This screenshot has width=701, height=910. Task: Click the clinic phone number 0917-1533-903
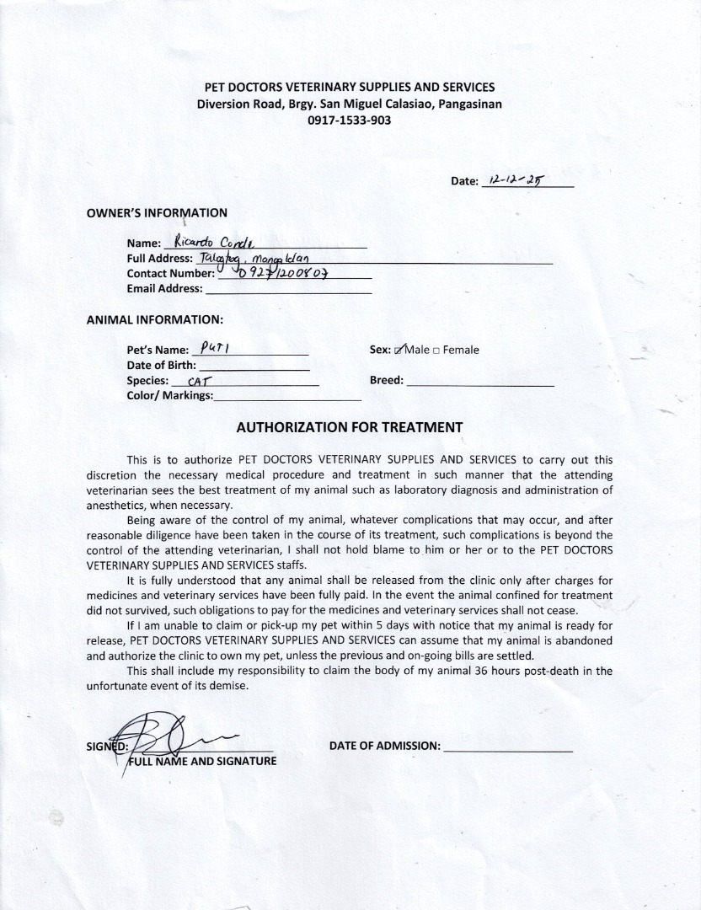[x=350, y=120]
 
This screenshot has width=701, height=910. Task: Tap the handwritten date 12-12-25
[x=515, y=180]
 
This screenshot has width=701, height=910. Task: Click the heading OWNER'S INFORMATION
[x=157, y=213]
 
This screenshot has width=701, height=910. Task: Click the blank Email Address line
[x=287, y=289]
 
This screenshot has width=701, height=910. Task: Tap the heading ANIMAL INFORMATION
[x=154, y=320]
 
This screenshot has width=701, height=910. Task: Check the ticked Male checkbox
[x=399, y=350]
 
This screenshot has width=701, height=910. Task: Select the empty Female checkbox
[x=436, y=351]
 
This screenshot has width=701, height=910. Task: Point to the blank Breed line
[x=479, y=381]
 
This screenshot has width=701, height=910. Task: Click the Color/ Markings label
[x=169, y=396]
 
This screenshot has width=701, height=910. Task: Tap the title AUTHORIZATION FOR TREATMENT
[x=350, y=427]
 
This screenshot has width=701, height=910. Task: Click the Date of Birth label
[x=161, y=366]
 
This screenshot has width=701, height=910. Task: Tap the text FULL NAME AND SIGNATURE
[x=202, y=762]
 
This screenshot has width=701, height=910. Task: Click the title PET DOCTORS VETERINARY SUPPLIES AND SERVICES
[x=350, y=87]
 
